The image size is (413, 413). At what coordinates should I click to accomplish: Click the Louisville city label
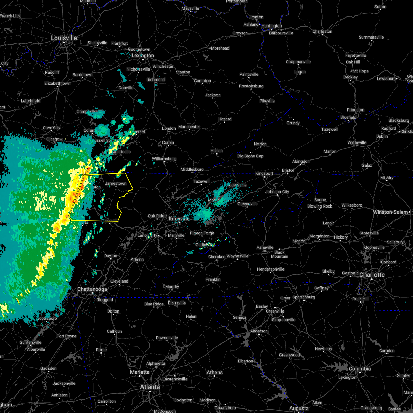click(x=64, y=38)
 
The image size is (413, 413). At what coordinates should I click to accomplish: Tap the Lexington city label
click(x=143, y=55)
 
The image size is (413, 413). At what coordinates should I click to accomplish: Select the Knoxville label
click(x=179, y=219)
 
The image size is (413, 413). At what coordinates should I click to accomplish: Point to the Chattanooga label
click(x=92, y=289)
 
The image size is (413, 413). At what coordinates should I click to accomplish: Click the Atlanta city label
click(x=150, y=387)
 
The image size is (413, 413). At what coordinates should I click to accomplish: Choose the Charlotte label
click(x=372, y=275)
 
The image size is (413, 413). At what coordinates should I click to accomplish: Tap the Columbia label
click(x=360, y=369)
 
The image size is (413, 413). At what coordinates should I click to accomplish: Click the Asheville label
click(x=265, y=247)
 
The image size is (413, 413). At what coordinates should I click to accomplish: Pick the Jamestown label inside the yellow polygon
click(x=116, y=183)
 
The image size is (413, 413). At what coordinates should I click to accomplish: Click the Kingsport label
click(x=264, y=173)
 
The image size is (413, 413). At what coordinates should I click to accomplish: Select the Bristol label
click(x=288, y=170)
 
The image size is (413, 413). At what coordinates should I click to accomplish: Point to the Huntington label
click(x=272, y=26)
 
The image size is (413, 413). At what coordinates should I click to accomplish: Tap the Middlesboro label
click(x=192, y=169)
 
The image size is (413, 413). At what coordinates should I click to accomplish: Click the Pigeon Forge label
click(x=202, y=233)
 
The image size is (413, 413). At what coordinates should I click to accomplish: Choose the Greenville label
click(x=275, y=311)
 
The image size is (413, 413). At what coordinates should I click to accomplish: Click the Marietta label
click(x=140, y=372)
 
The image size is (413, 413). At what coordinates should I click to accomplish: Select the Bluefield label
click(x=348, y=117)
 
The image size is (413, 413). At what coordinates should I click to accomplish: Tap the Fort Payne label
click(x=67, y=336)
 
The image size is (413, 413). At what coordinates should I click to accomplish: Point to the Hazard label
click(x=225, y=119)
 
